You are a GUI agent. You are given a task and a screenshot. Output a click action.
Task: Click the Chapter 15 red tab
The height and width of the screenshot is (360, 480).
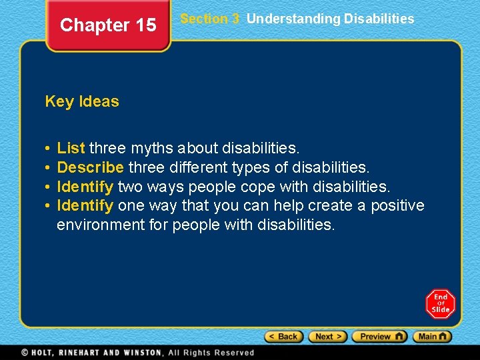coord(108,25)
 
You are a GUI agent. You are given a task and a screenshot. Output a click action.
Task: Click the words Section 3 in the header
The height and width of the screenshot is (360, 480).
coord(209,19)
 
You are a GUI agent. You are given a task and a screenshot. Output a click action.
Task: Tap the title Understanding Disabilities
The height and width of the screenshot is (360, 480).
coord(330,19)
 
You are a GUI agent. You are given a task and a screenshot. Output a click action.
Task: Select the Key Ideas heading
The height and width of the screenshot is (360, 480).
coord(82,101)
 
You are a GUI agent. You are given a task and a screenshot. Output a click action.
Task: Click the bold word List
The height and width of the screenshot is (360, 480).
coord(71,147)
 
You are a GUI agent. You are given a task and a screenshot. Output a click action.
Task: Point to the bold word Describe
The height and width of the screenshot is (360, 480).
coord(90,166)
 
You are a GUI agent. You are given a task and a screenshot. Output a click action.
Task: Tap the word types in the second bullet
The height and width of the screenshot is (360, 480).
coord(250,166)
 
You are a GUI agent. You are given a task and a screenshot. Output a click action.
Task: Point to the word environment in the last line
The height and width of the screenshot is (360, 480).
coord(100,225)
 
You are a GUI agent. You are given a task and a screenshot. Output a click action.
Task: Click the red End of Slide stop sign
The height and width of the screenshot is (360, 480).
coord(440,304)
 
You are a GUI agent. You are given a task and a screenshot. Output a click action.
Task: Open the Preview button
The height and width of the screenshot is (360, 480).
coord(379,337)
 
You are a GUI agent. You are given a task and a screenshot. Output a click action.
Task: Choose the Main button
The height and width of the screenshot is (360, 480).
coord(432,337)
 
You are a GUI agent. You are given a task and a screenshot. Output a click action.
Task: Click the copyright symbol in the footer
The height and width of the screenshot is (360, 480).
coord(25,352)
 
